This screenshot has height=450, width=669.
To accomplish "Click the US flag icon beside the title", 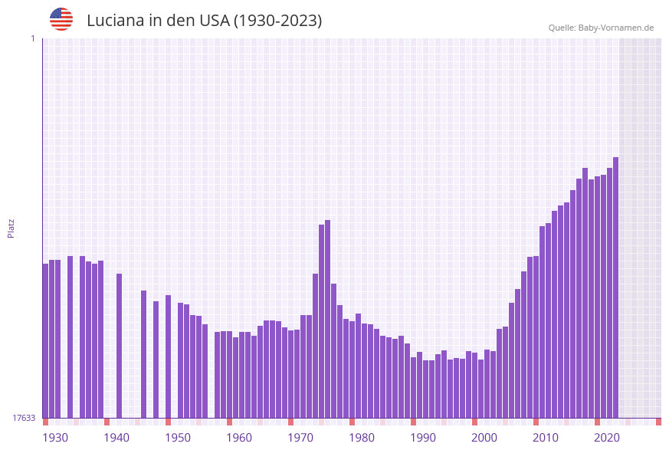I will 61,19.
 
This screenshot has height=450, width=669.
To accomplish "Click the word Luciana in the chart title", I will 117,21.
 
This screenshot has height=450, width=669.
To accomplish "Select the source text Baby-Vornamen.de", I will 615,28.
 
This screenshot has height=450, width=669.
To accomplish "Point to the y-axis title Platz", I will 11,228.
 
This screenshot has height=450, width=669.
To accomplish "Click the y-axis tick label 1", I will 32,38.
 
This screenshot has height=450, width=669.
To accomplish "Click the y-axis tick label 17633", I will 24,418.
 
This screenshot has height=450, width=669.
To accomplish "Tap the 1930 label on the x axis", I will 55,438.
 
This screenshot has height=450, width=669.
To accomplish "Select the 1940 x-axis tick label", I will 116,438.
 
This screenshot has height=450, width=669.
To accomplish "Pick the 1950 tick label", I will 178,438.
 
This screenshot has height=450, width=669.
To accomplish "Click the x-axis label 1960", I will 239,438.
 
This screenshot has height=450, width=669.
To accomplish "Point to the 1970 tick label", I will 300,438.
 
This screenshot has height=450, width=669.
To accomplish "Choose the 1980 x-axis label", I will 362,438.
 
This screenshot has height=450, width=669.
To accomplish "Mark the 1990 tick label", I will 423,438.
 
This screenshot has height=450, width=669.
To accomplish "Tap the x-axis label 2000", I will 484,438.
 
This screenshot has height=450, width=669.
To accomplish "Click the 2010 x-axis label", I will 546,438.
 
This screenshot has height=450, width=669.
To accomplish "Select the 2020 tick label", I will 607,438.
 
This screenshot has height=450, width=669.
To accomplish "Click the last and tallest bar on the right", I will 615,287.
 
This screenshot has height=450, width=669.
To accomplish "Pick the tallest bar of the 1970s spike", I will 327,319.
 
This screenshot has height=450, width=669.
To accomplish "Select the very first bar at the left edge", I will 45,340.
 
